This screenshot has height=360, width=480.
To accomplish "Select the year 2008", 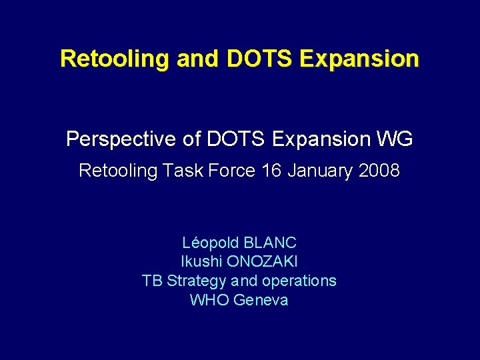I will coord(379,171).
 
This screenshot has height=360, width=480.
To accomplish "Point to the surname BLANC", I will coord(271,243).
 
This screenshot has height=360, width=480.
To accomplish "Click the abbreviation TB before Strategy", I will coord(153,281).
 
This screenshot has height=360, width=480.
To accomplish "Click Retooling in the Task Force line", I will coord(117,171).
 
